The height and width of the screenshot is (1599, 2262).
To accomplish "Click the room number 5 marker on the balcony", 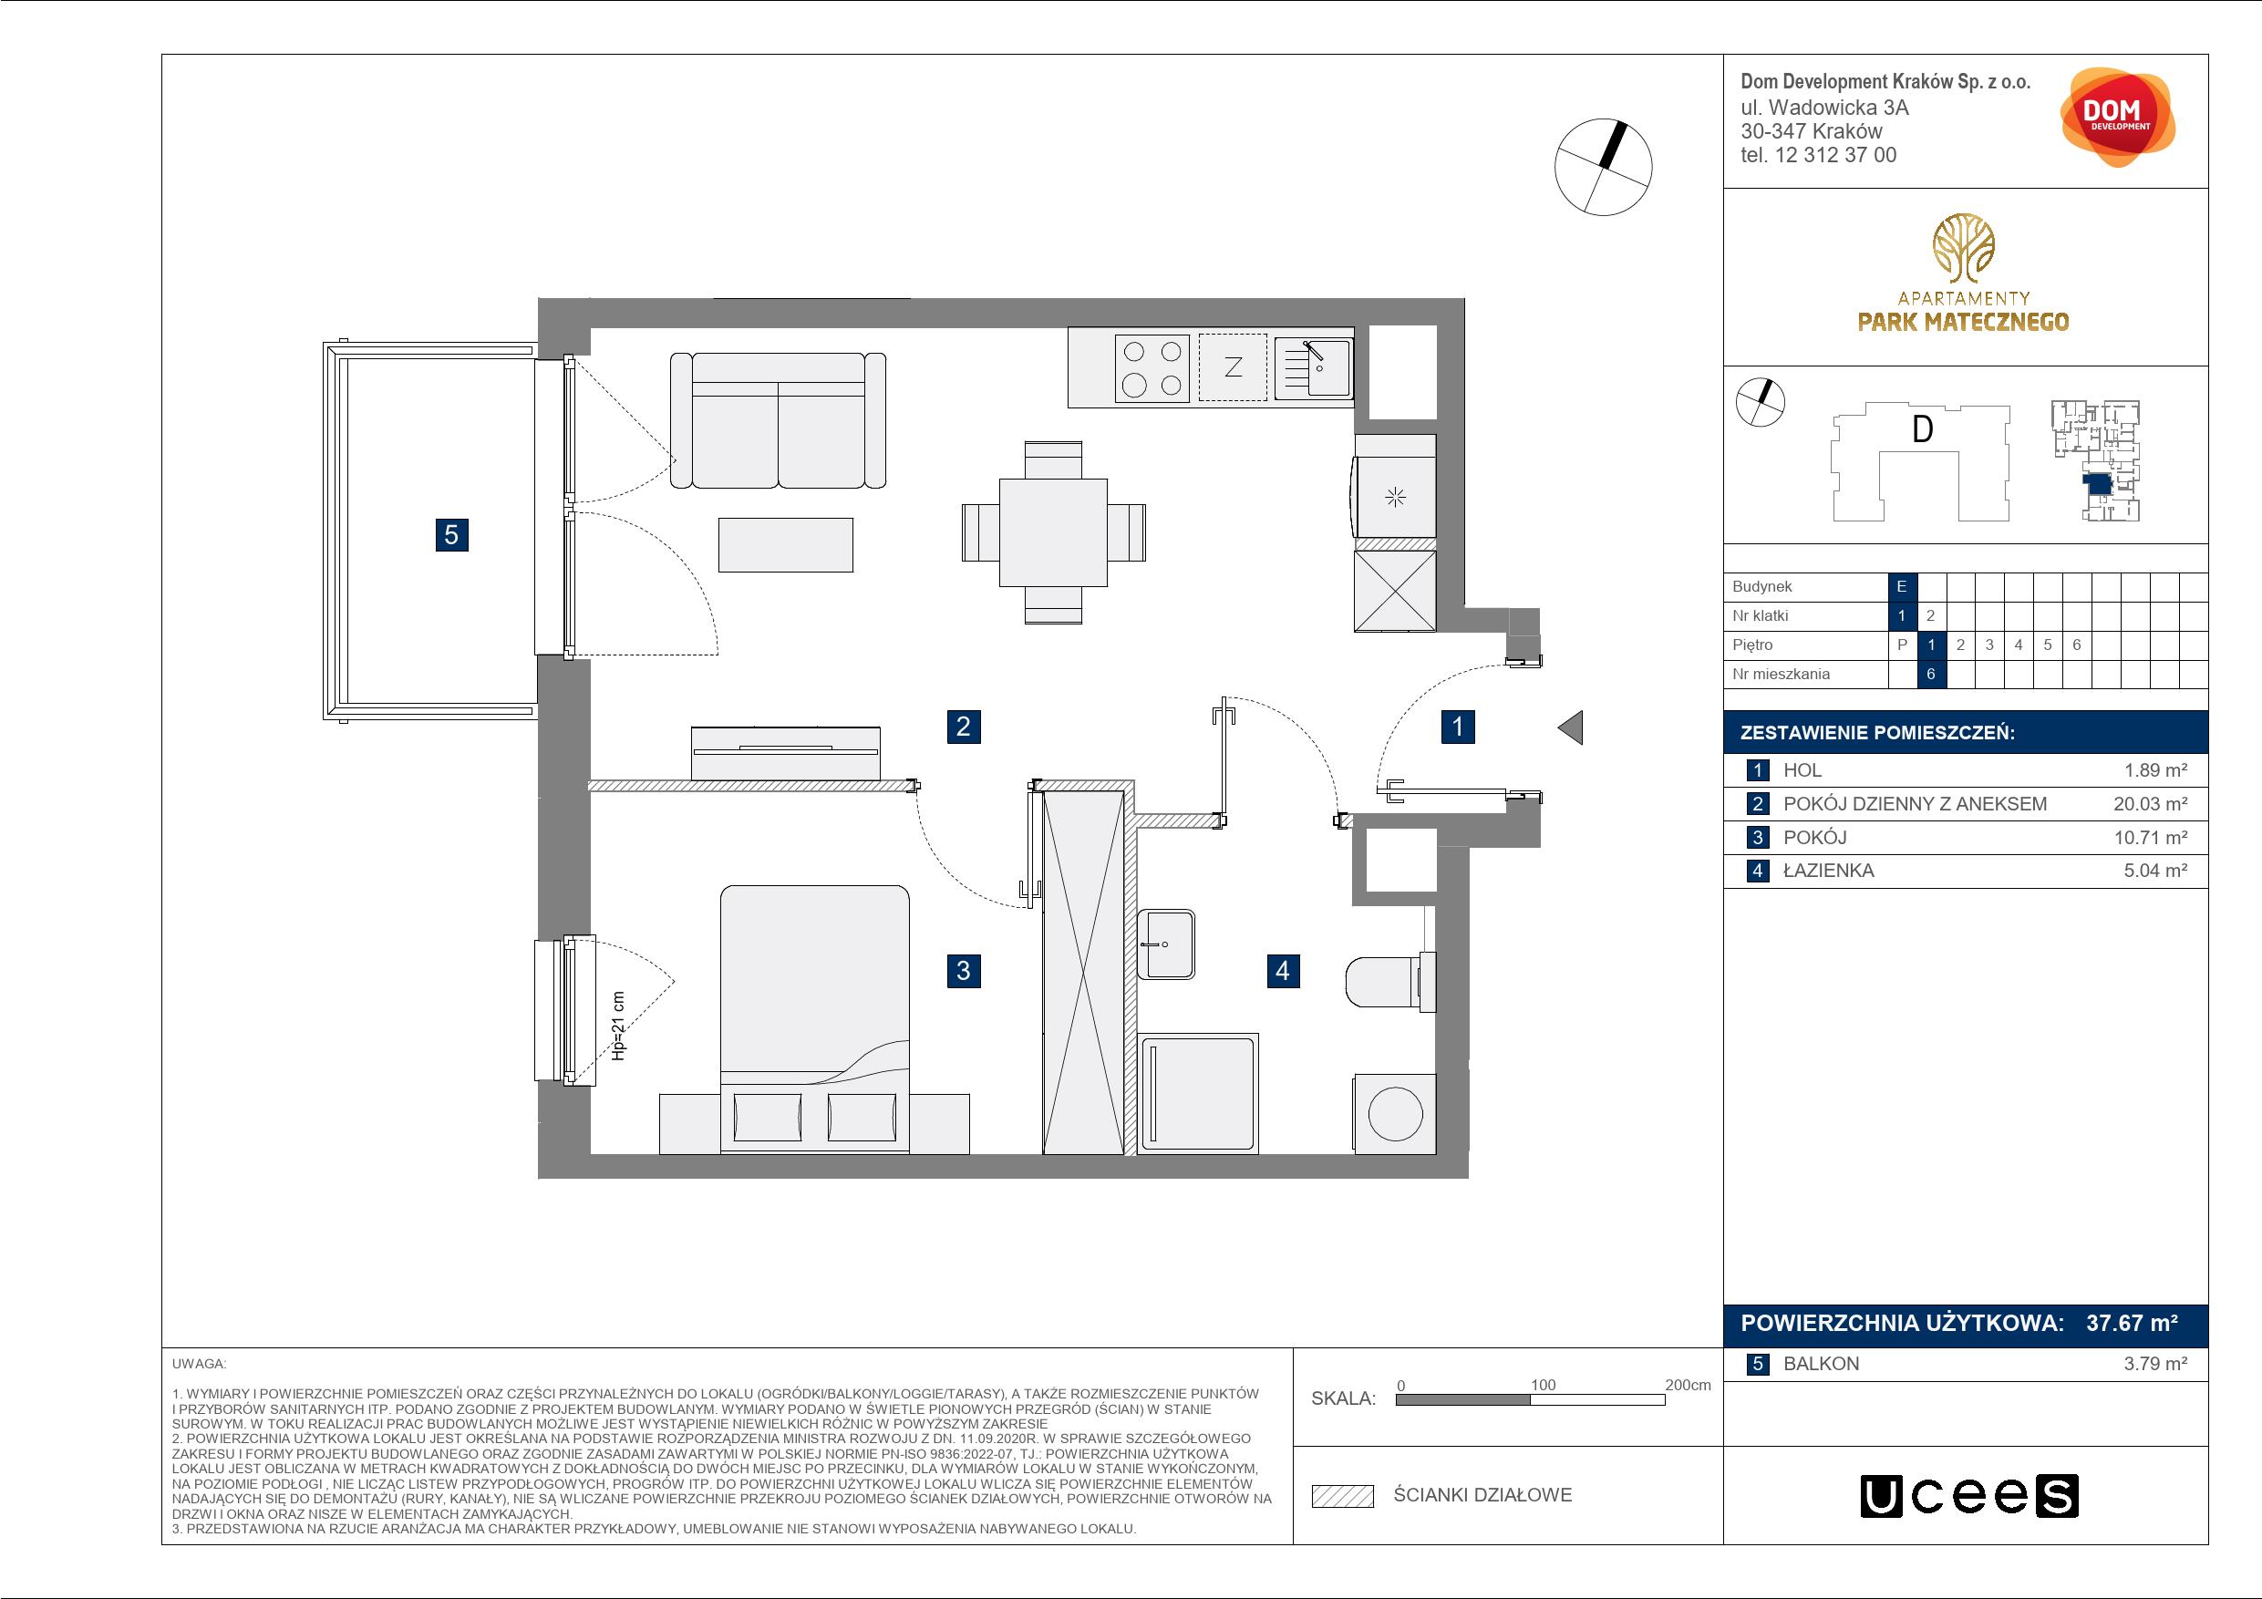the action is click(451, 535).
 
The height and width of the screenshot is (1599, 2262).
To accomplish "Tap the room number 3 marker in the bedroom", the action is click(964, 971).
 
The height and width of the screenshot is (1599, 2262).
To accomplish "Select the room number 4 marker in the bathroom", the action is click(1283, 971).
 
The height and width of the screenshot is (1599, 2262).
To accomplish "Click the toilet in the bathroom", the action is click(1390, 980).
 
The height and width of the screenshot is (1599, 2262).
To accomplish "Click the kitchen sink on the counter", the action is click(1313, 367).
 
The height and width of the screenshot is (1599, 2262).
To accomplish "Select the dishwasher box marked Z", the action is click(1233, 367).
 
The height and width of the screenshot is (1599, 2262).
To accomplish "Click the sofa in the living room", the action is click(779, 420).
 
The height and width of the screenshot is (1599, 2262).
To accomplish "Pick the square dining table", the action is click(1053, 532).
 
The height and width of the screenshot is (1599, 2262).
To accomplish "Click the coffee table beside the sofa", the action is click(785, 545).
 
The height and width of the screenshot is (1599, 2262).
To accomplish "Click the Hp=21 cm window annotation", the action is click(619, 1026).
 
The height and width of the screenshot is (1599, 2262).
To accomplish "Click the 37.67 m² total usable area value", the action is click(2132, 1323).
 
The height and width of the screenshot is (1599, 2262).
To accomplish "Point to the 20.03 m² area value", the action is click(2151, 804).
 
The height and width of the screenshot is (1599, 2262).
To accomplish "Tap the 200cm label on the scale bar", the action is click(1688, 1385).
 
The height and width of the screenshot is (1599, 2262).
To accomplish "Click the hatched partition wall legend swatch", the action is click(1343, 1496).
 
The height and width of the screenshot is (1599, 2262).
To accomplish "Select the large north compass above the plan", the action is click(1603, 167).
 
